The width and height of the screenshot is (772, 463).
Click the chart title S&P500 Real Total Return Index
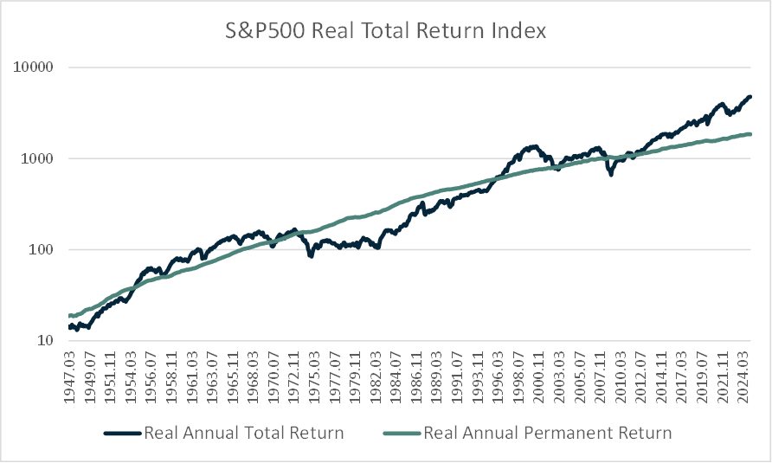point(385,32)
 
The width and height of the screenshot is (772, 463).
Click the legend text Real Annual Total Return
point(244,432)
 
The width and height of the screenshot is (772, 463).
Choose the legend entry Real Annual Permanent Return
point(547,432)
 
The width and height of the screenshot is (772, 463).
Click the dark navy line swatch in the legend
point(122,432)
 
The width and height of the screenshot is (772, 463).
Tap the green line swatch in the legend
point(399,432)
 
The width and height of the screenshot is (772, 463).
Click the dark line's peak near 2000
point(534,146)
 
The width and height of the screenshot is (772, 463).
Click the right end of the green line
point(750,134)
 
